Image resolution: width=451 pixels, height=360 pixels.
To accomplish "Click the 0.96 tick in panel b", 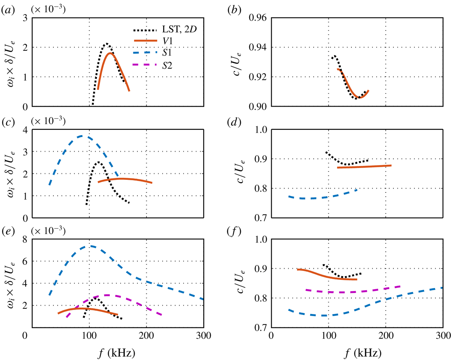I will (259, 18).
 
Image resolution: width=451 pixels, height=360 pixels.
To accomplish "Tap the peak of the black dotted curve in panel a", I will (106, 44).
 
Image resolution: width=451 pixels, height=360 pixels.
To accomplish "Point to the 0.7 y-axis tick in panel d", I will (259, 218).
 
